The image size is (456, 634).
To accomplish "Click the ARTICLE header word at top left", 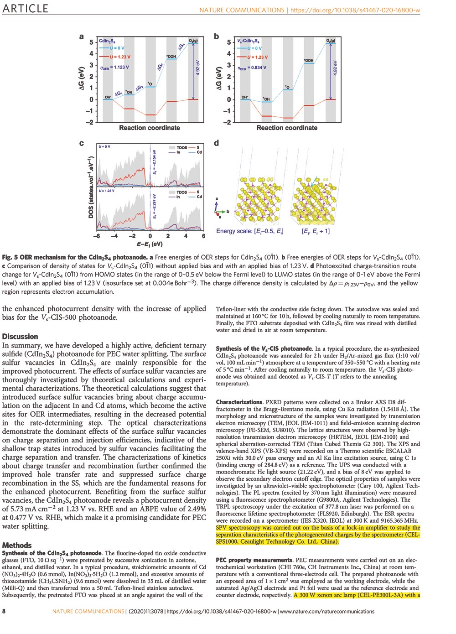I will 26,9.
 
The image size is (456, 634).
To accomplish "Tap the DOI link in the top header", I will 355,10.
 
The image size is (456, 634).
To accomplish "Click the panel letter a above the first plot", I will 82,37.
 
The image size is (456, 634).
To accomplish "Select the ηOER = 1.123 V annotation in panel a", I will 114,67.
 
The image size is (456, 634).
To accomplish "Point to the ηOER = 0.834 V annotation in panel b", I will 252,68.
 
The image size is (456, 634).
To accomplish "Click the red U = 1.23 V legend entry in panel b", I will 257,57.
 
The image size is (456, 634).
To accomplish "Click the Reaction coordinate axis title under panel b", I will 287,128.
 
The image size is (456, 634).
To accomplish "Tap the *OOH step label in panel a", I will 171,57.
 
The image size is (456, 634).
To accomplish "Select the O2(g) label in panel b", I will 331,41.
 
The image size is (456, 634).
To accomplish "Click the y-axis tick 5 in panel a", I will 91,42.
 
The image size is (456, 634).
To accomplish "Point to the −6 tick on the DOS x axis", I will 97,236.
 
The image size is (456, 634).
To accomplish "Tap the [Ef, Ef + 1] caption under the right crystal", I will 316,231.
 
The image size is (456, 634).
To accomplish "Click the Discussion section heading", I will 20,337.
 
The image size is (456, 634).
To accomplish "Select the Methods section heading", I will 17,545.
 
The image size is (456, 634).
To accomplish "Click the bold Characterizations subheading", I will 239,402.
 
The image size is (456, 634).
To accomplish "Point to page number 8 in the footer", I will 4,611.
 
